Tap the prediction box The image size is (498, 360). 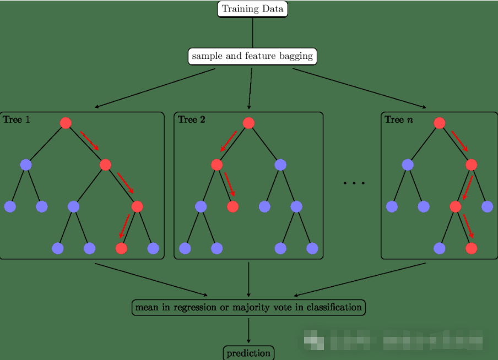pyautogui.click(x=248, y=353)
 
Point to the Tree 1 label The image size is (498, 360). pyautogui.click(x=17, y=119)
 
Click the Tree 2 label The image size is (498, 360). pyautogui.click(x=191, y=119)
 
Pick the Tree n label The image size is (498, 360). pyautogui.click(x=398, y=119)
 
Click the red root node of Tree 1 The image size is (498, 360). pyautogui.click(x=66, y=123)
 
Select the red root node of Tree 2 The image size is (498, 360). pyautogui.click(x=248, y=123)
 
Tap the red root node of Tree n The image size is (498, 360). pyautogui.click(x=439, y=123)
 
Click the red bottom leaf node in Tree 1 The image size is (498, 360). pyautogui.click(x=121, y=248)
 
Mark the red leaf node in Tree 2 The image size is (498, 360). pyautogui.click(x=232, y=206)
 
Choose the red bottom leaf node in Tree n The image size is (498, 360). pyautogui.click(x=471, y=248)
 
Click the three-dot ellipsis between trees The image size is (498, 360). pyautogui.click(x=354, y=182)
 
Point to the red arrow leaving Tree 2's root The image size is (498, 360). pyautogui.click(x=228, y=140)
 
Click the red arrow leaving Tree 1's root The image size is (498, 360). pyautogui.click(x=89, y=140)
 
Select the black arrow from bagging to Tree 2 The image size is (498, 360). pyautogui.click(x=250, y=88)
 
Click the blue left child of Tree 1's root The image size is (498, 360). pyautogui.click(x=25, y=164)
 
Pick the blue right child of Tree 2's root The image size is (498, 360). pyautogui.click(x=280, y=164)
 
